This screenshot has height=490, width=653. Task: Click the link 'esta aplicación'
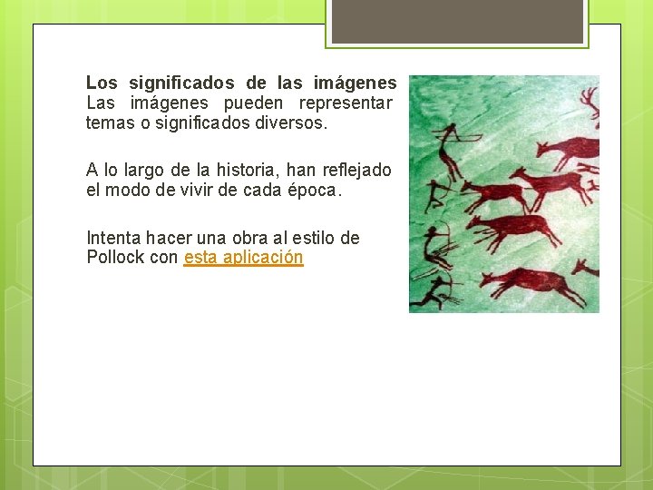[243, 258]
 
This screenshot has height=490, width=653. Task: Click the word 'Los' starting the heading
[102, 83]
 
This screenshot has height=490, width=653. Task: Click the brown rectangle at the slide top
[457, 21]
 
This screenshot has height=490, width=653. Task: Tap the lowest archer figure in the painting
[435, 290]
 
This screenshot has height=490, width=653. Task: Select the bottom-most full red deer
[531, 283]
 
